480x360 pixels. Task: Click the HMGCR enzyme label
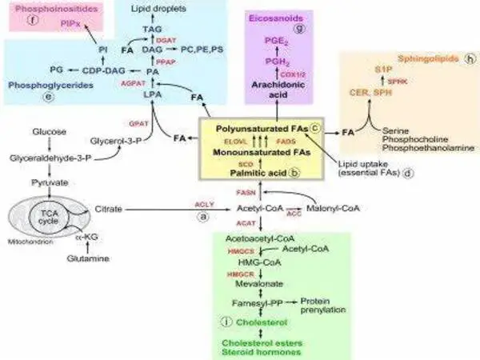[x=222, y=274]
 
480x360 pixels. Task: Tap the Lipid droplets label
[x=148, y=8]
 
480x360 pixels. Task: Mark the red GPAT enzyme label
[x=138, y=124]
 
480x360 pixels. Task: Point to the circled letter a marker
[x=203, y=217]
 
